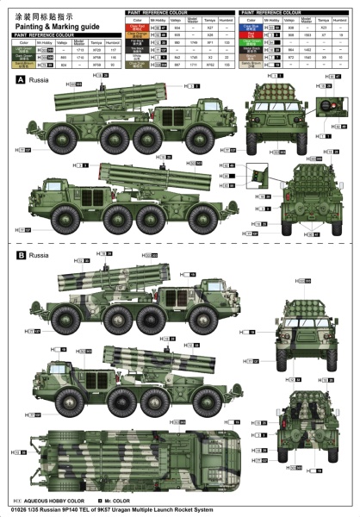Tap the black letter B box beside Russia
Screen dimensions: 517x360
pyautogui.click(x=20, y=256)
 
